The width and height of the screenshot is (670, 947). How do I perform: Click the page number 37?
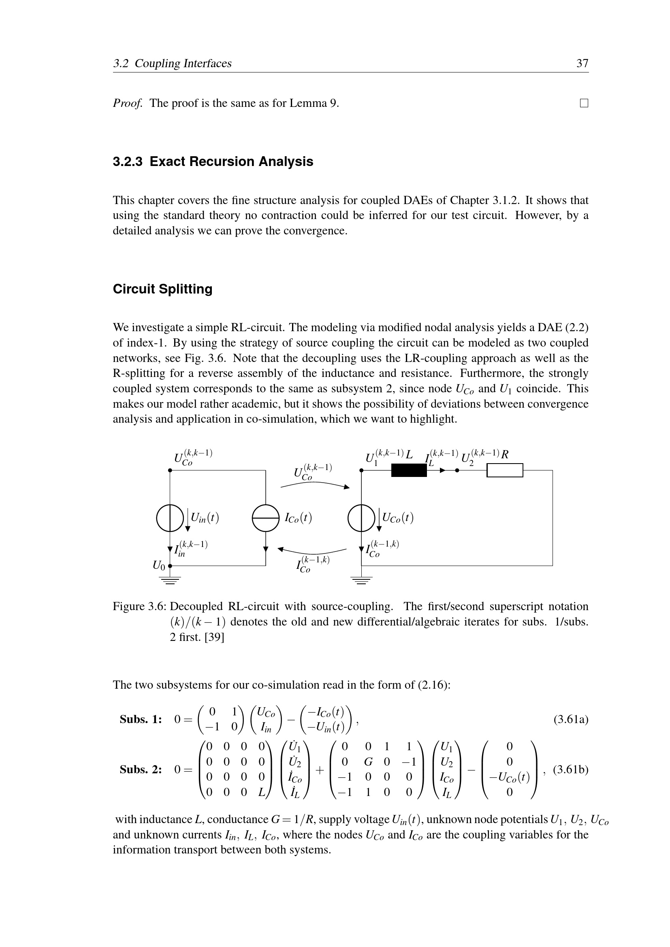[582, 64]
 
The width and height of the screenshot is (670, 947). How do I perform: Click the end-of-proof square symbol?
[584, 103]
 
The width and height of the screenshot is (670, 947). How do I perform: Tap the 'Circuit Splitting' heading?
[162, 289]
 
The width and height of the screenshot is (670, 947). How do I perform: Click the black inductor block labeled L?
[408, 470]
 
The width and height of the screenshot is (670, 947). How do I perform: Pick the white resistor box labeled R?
[505, 470]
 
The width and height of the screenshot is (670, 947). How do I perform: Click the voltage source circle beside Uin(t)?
[170, 518]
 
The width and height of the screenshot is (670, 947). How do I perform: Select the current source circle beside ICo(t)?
[266, 518]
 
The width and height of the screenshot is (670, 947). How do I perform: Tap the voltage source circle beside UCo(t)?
[361, 518]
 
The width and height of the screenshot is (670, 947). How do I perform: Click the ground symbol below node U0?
[170, 580]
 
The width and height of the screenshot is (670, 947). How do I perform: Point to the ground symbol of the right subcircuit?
[361, 580]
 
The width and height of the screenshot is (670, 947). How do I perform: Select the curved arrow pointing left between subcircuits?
[312, 551]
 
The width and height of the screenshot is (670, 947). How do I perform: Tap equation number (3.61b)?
[571, 770]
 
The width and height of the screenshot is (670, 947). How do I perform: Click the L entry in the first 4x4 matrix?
[261, 792]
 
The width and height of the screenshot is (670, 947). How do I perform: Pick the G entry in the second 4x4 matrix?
[368, 762]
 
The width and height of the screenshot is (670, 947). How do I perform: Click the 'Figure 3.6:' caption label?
[139, 607]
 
